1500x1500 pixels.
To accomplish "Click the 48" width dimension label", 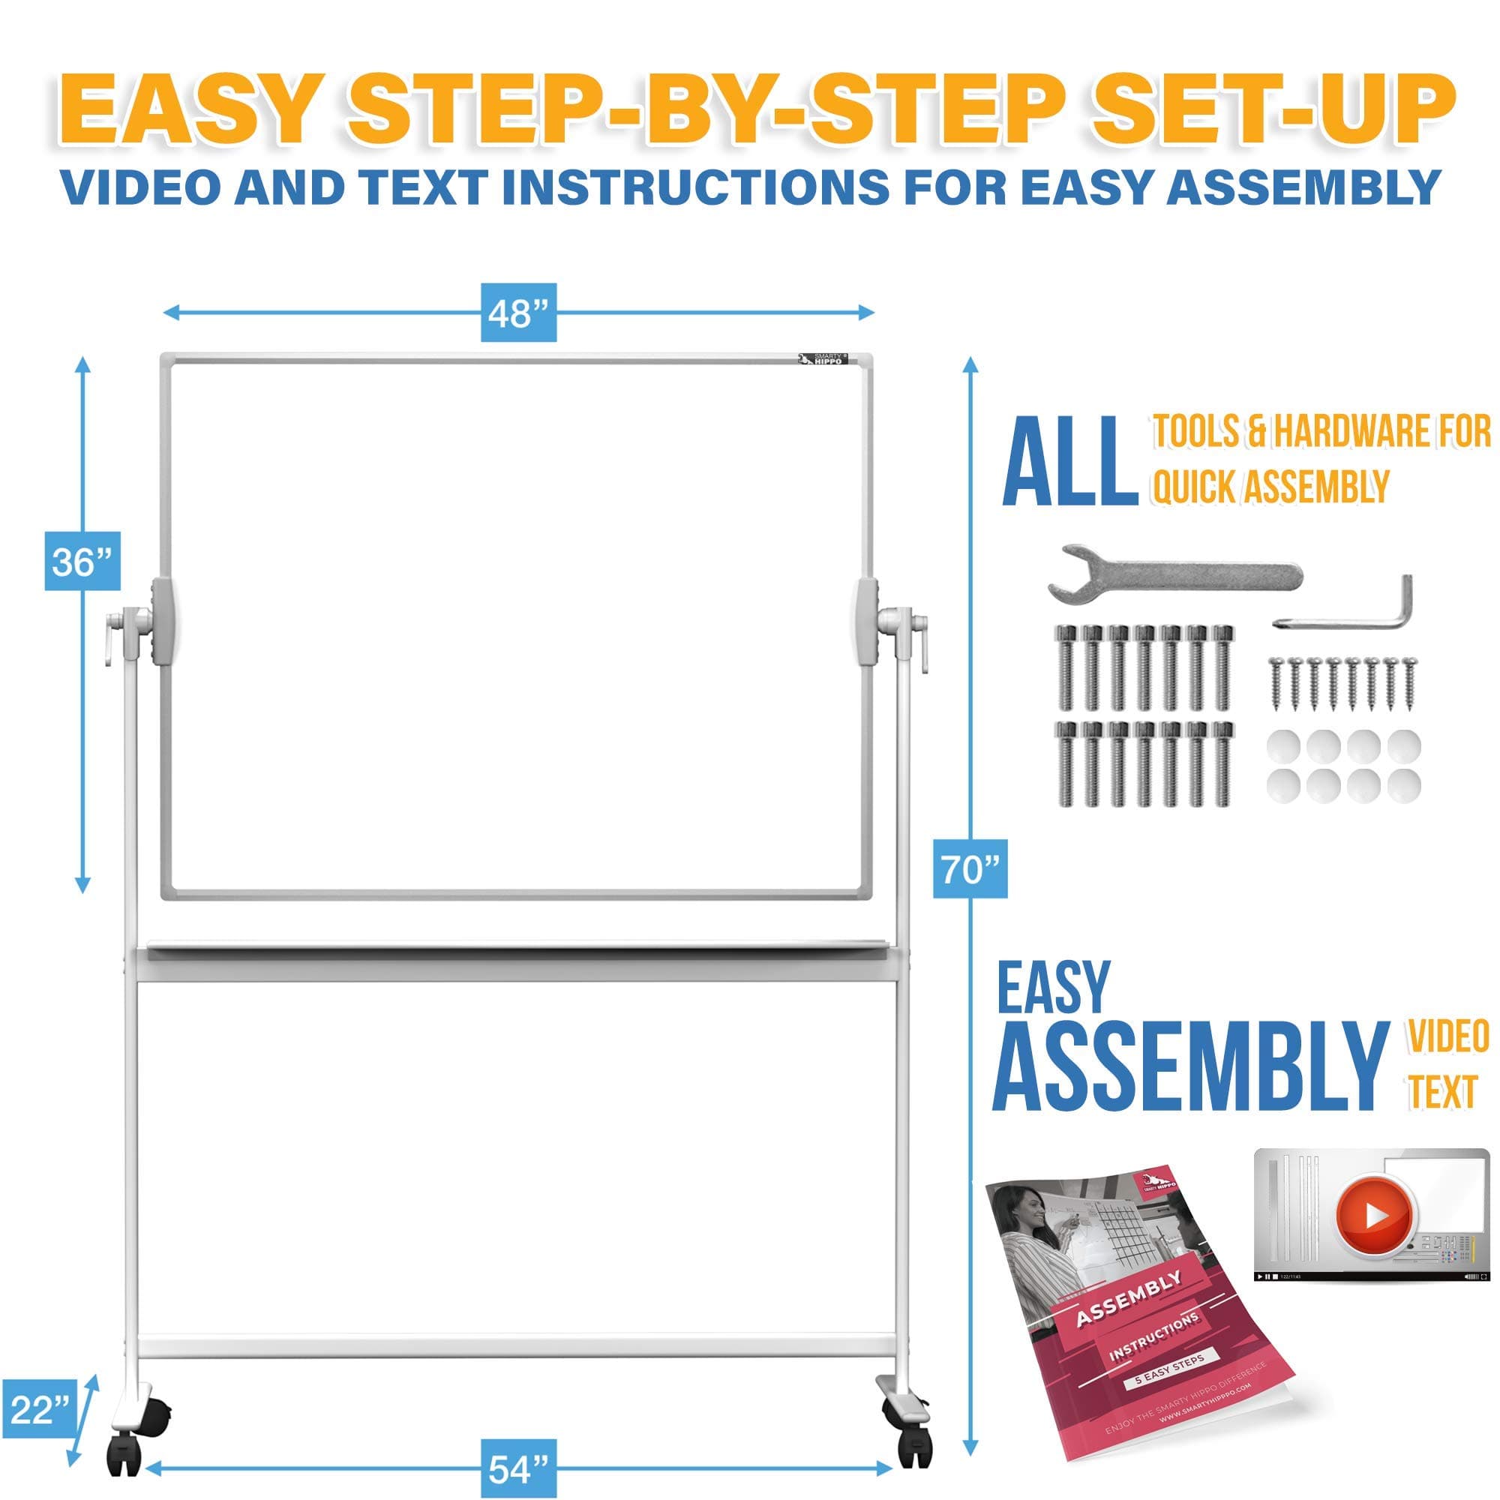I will click(x=517, y=313).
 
